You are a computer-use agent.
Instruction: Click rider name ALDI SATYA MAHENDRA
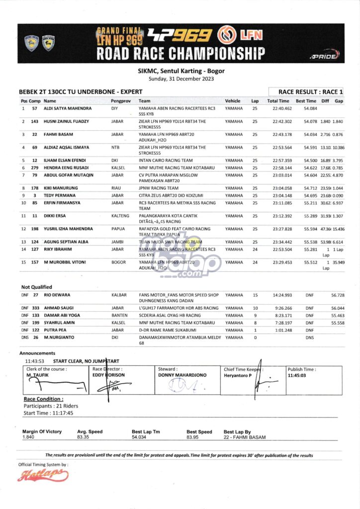pyautogui.click(x=67, y=108)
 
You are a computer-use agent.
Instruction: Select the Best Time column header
pyautogui.click(x=306, y=101)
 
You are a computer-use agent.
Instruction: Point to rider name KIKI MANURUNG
pyautogui.click(x=61, y=188)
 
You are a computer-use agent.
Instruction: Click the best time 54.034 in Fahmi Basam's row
pyautogui.click(x=306, y=135)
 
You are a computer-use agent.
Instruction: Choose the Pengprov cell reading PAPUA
pyautogui.click(x=118, y=229)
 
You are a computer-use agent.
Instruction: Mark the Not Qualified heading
pyautogui.click(x=36, y=287)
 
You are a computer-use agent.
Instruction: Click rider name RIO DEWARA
pyautogui.click(x=57, y=295)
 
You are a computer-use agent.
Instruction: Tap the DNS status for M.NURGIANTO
pyautogui.click(x=310, y=337)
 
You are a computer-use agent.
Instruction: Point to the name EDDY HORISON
pyautogui.click(x=108, y=375)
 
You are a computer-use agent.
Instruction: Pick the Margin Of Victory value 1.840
pyautogui.click(x=28, y=437)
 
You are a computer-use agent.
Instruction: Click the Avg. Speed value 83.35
pyautogui.click(x=83, y=437)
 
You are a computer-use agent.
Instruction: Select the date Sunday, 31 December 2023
pyautogui.click(x=180, y=79)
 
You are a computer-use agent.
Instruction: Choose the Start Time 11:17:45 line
pyautogui.click(x=48, y=413)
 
